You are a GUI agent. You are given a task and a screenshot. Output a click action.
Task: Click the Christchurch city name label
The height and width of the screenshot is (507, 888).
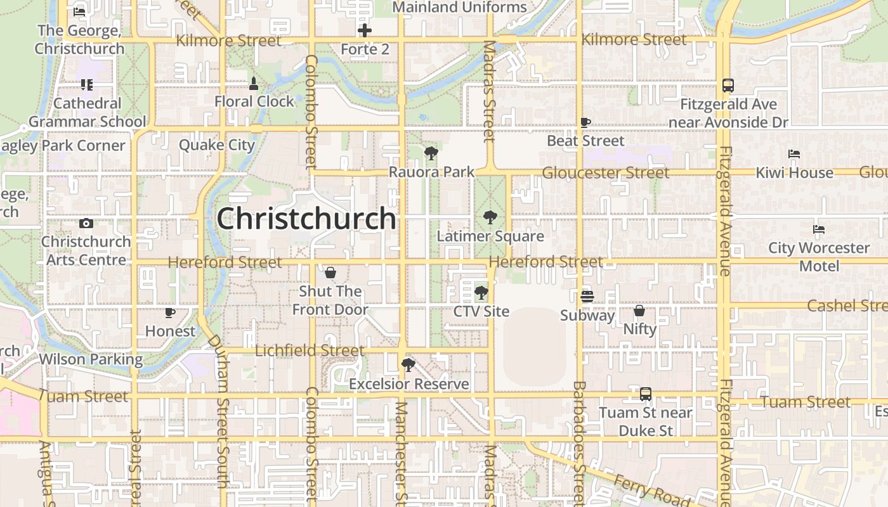pos(306,219)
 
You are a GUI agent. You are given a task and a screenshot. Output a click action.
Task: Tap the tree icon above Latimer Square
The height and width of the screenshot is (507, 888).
pos(490,217)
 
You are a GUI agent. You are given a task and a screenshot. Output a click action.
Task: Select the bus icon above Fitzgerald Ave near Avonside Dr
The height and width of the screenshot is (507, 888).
pos(728,86)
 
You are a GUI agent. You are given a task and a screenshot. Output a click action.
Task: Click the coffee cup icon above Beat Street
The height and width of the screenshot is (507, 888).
pos(585,122)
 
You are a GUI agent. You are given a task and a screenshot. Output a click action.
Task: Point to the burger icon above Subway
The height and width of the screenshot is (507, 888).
pos(587,297)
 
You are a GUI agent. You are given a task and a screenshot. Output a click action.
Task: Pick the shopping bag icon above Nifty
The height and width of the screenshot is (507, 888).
pos(639,311)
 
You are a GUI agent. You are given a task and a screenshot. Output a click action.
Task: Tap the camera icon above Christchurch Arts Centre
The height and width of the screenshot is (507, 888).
pos(86,223)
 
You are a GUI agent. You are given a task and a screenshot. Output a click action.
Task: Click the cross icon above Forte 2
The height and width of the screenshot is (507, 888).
pos(365,30)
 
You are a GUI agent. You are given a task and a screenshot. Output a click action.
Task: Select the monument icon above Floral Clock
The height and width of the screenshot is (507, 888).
pos(254,83)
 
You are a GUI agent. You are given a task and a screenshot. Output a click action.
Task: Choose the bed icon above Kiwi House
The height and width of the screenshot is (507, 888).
pos(794,154)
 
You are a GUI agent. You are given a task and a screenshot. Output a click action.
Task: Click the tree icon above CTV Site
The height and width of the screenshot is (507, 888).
pos(481,293)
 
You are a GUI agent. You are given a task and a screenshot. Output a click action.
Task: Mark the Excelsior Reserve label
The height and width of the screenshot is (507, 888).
pos(409,384)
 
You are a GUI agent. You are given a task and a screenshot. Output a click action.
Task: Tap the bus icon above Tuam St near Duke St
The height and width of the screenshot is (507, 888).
pos(646,394)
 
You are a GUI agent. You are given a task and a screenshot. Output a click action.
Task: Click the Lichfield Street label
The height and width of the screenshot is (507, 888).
pos(310,350)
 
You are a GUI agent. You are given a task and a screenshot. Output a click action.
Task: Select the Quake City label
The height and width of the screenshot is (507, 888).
pos(217,145)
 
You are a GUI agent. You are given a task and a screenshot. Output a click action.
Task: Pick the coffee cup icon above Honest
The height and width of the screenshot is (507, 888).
pos(170,312)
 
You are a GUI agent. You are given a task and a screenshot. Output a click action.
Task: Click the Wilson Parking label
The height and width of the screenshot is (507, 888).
pos(91,359)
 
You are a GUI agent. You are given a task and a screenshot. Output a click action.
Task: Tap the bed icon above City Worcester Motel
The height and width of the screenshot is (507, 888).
pos(819,229)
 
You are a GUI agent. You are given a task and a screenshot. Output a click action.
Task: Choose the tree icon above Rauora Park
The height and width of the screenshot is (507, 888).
pos(431,153)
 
